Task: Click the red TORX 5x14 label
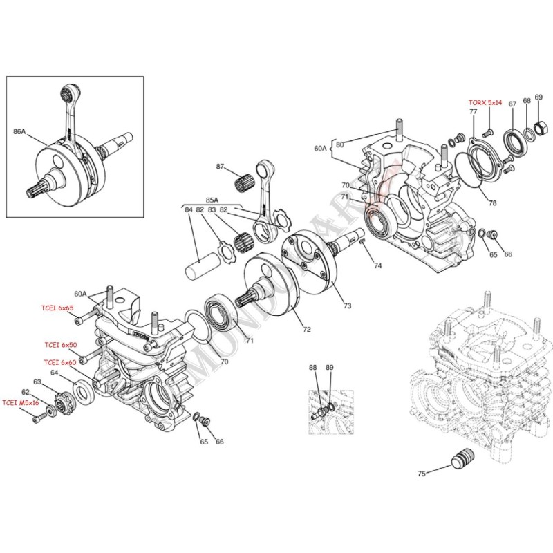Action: tap(485, 102)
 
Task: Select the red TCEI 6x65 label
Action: tap(56, 308)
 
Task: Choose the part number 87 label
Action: tap(221, 167)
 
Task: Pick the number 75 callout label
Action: tap(422, 474)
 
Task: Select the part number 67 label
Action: tap(512, 104)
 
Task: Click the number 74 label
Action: tap(377, 266)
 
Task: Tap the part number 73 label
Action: tap(346, 305)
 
